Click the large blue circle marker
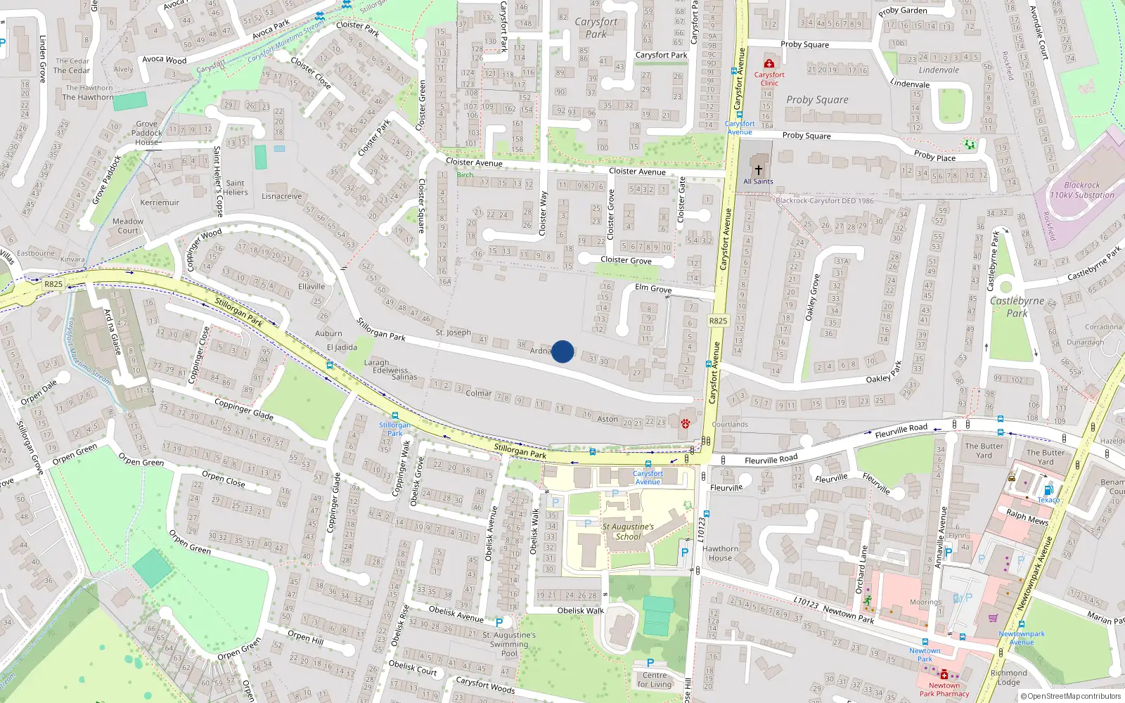(x=562, y=351)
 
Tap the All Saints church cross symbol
(x=759, y=169)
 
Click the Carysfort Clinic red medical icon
(x=769, y=63)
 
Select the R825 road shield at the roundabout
(x=53, y=284)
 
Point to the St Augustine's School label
(x=628, y=531)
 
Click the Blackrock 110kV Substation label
(x=1081, y=191)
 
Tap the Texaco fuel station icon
(x=1048, y=490)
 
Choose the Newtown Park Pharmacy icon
(x=944, y=675)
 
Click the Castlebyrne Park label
(x=1017, y=307)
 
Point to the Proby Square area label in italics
(x=817, y=100)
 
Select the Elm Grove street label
(x=653, y=288)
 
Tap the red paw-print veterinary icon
(x=685, y=423)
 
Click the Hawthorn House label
(x=720, y=553)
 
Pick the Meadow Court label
(x=128, y=226)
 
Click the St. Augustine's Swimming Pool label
(x=509, y=644)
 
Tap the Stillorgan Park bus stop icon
(x=394, y=415)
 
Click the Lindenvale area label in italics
(x=939, y=70)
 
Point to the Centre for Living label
(x=655, y=679)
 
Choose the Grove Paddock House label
(x=147, y=133)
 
